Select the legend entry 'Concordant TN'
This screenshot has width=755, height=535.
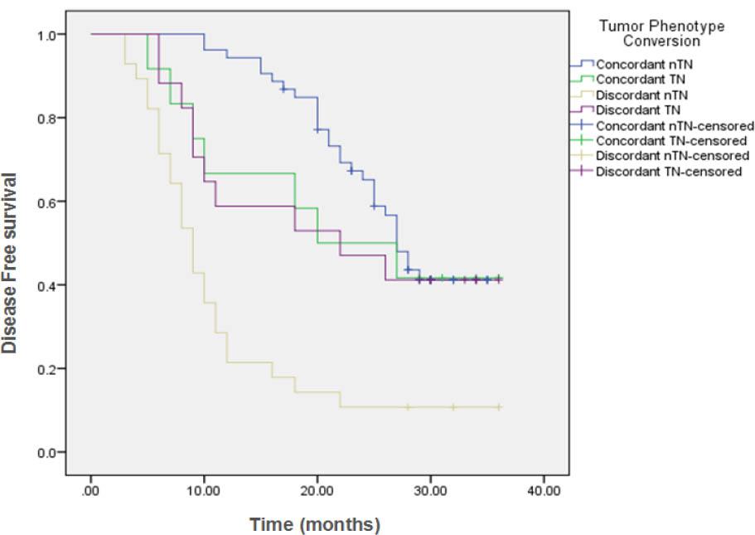636,79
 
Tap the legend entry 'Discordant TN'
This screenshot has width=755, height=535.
636,109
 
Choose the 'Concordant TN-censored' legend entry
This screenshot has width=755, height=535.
669,140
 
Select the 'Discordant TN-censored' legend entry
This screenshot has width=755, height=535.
669,171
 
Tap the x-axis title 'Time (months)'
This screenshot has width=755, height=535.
315,524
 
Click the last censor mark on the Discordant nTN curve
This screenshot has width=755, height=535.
498,407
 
